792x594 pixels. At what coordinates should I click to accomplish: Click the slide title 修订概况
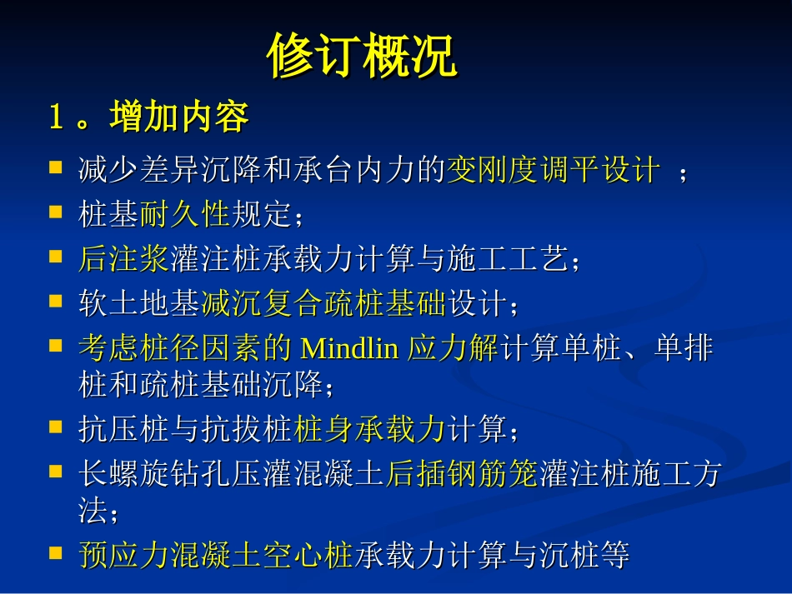click(x=362, y=57)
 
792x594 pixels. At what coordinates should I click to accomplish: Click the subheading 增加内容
click(x=178, y=117)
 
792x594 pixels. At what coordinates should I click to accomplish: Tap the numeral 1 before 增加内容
click(x=56, y=117)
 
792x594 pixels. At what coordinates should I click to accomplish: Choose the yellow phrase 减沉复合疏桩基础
click(x=324, y=303)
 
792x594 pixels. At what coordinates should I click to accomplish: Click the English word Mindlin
click(x=349, y=347)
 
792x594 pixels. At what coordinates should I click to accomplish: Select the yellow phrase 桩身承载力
click(x=371, y=429)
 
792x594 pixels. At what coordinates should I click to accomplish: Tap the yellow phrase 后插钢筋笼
click(x=462, y=473)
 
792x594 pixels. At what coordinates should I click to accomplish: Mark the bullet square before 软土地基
click(x=56, y=301)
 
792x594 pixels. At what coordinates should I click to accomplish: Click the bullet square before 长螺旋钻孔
click(x=56, y=471)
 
